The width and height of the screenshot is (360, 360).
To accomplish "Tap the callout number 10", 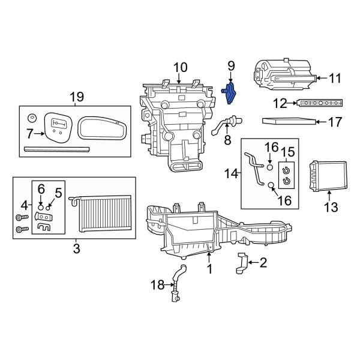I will click(x=181, y=67).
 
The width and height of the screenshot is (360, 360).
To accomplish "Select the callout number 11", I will click(x=335, y=77).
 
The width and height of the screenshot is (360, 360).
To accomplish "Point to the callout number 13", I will click(x=331, y=208).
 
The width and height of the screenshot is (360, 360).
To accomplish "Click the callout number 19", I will click(x=76, y=97).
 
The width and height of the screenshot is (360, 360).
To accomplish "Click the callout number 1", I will click(x=209, y=269).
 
